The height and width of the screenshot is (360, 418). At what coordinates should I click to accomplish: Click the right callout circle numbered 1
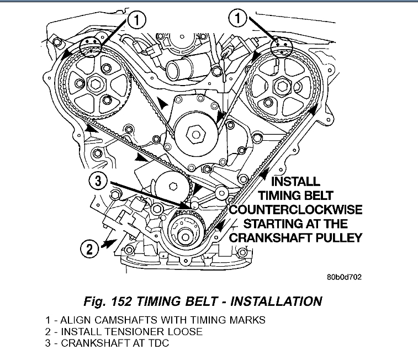click(x=238, y=20)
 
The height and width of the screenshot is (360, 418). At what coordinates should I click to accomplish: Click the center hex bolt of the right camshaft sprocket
click(x=280, y=86)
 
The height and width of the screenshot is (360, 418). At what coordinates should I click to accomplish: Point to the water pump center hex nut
click(x=196, y=133)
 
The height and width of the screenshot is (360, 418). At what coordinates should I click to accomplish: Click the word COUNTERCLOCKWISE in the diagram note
click(x=296, y=210)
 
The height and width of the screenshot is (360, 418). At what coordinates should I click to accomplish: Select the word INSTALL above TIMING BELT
click(x=296, y=181)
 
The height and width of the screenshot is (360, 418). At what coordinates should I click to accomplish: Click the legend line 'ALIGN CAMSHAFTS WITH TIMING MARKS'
click(x=155, y=320)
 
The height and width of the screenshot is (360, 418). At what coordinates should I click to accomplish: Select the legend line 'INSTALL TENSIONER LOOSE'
click(x=124, y=331)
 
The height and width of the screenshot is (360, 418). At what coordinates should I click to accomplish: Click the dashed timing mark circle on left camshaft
click(x=91, y=47)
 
